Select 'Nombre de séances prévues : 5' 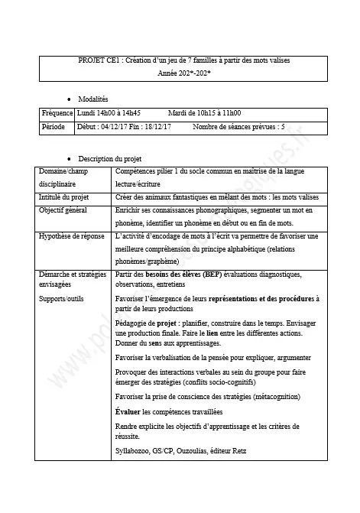click(x=239, y=127)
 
